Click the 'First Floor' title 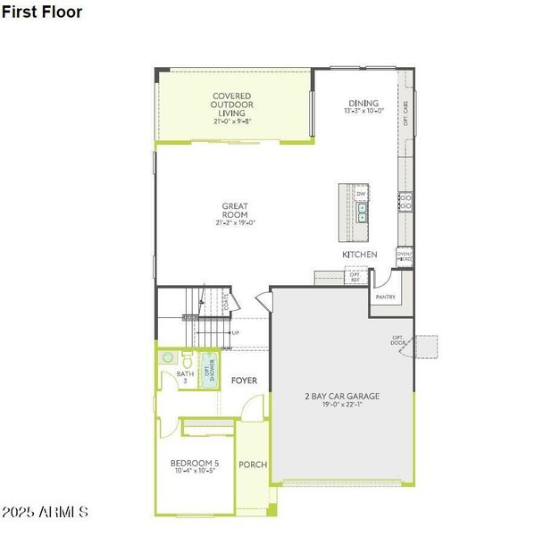pyautogui.click(x=42, y=13)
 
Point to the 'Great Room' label pyautogui.click(x=235, y=211)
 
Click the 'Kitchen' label pyautogui.click(x=359, y=255)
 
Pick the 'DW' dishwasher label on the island pyautogui.click(x=361, y=194)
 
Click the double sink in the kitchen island pyautogui.click(x=362, y=212)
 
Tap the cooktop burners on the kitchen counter pyautogui.click(x=405, y=201)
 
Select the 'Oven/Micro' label pyautogui.click(x=405, y=255)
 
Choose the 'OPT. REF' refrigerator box pyautogui.click(x=354, y=279)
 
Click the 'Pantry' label pyautogui.click(x=385, y=297)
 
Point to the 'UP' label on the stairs pyautogui.click(x=236, y=332)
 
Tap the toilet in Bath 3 pyautogui.click(x=167, y=358)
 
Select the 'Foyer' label pyautogui.click(x=244, y=381)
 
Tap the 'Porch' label pyautogui.click(x=253, y=465)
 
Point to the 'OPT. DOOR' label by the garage pyautogui.click(x=397, y=340)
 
